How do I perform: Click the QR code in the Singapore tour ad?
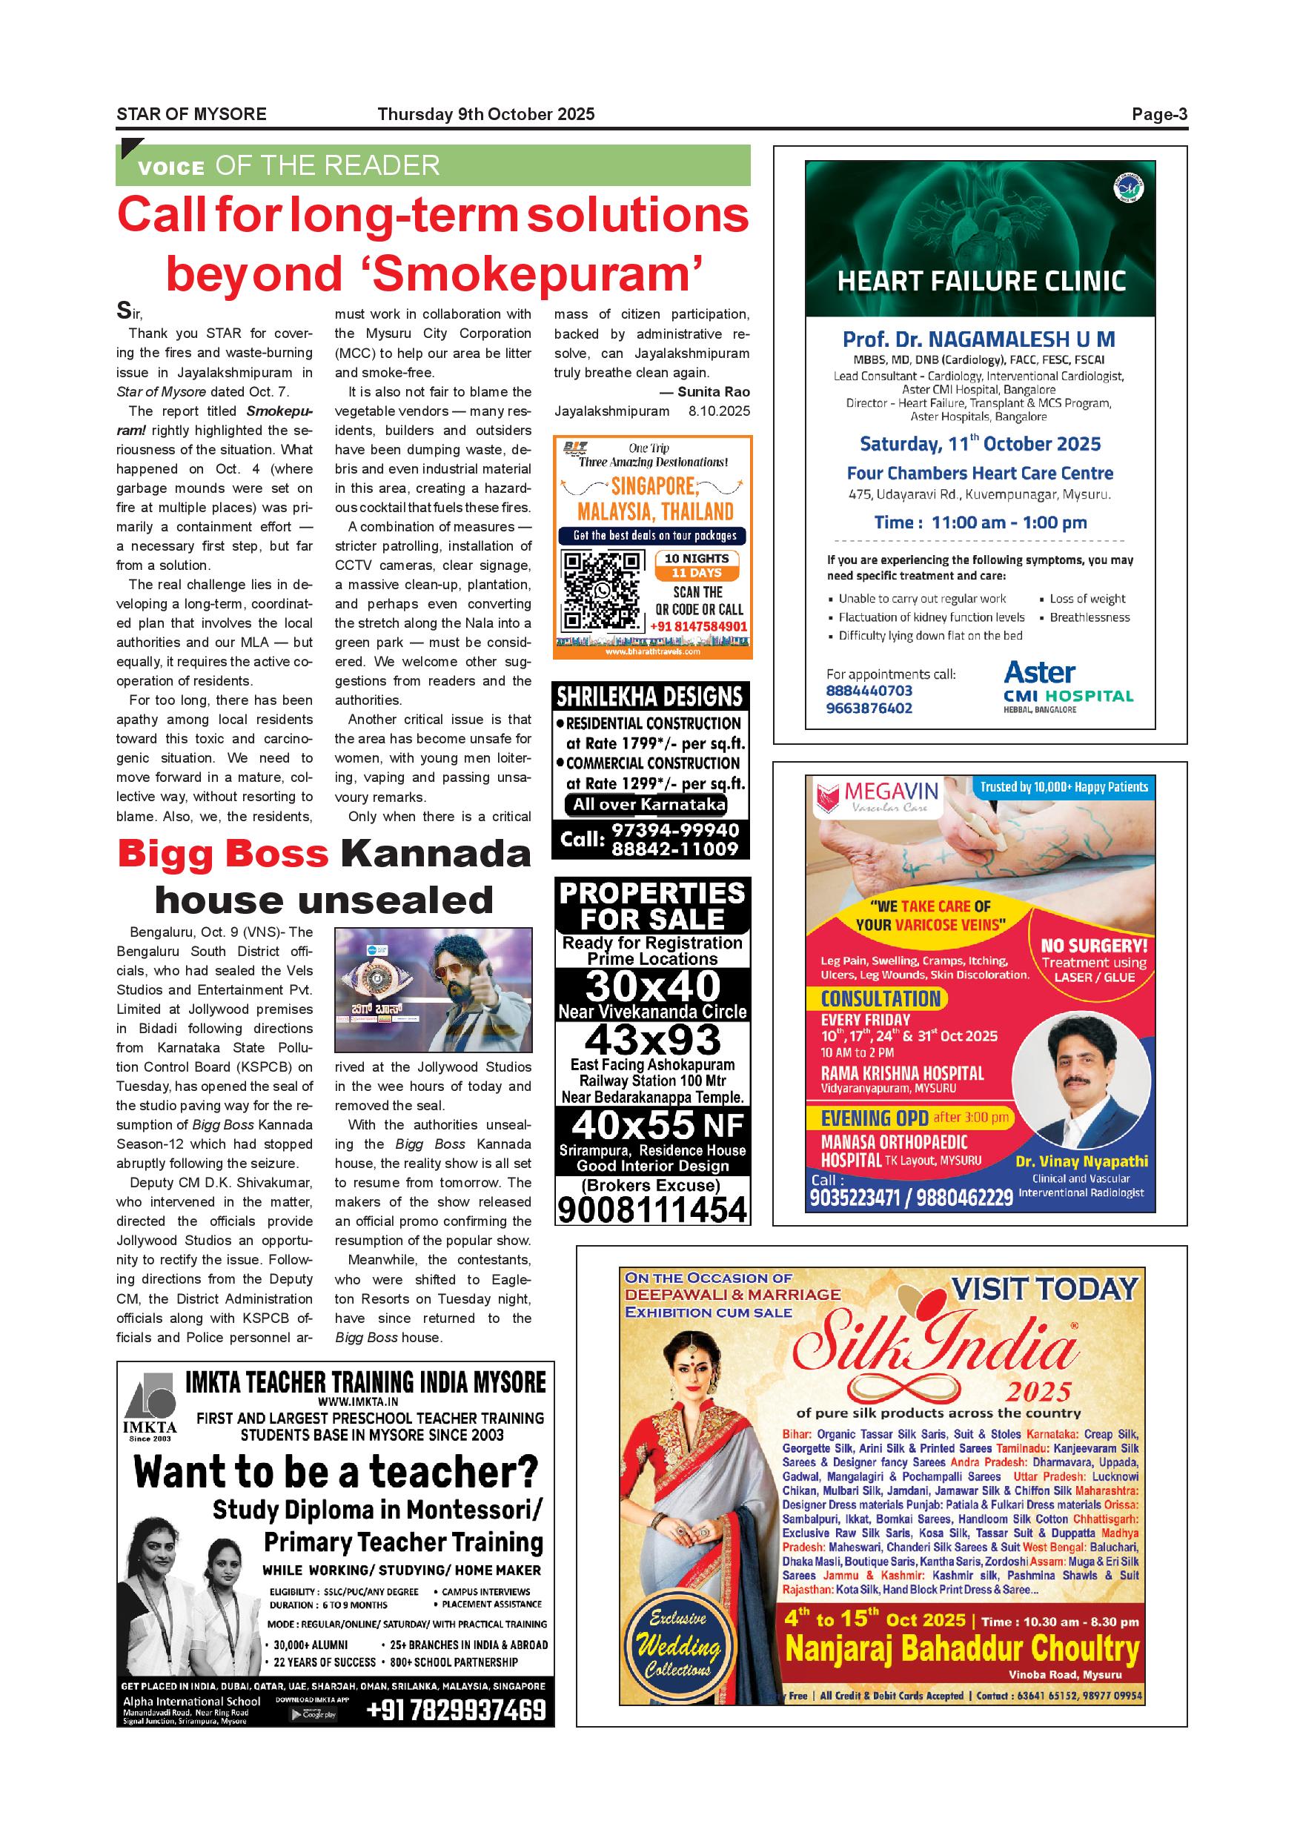[601, 591]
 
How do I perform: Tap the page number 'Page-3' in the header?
[1159, 114]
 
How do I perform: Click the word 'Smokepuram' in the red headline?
[531, 274]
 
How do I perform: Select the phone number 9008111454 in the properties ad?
[652, 1210]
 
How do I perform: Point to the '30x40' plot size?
[652, 986]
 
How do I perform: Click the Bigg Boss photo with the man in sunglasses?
[433, 989]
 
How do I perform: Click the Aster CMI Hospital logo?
[1068, 685]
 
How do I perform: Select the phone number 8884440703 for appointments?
[869, 690]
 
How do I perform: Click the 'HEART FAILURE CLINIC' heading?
[981, 282]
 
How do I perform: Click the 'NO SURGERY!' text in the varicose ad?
[1093, 946]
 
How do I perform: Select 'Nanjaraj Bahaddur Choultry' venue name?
[961, 1649]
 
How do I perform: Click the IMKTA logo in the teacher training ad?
[150, 1408]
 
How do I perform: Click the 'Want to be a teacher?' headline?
[336, 1472]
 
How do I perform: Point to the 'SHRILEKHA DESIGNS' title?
[650, 697]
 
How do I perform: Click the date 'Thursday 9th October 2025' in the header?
[486, 114]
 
